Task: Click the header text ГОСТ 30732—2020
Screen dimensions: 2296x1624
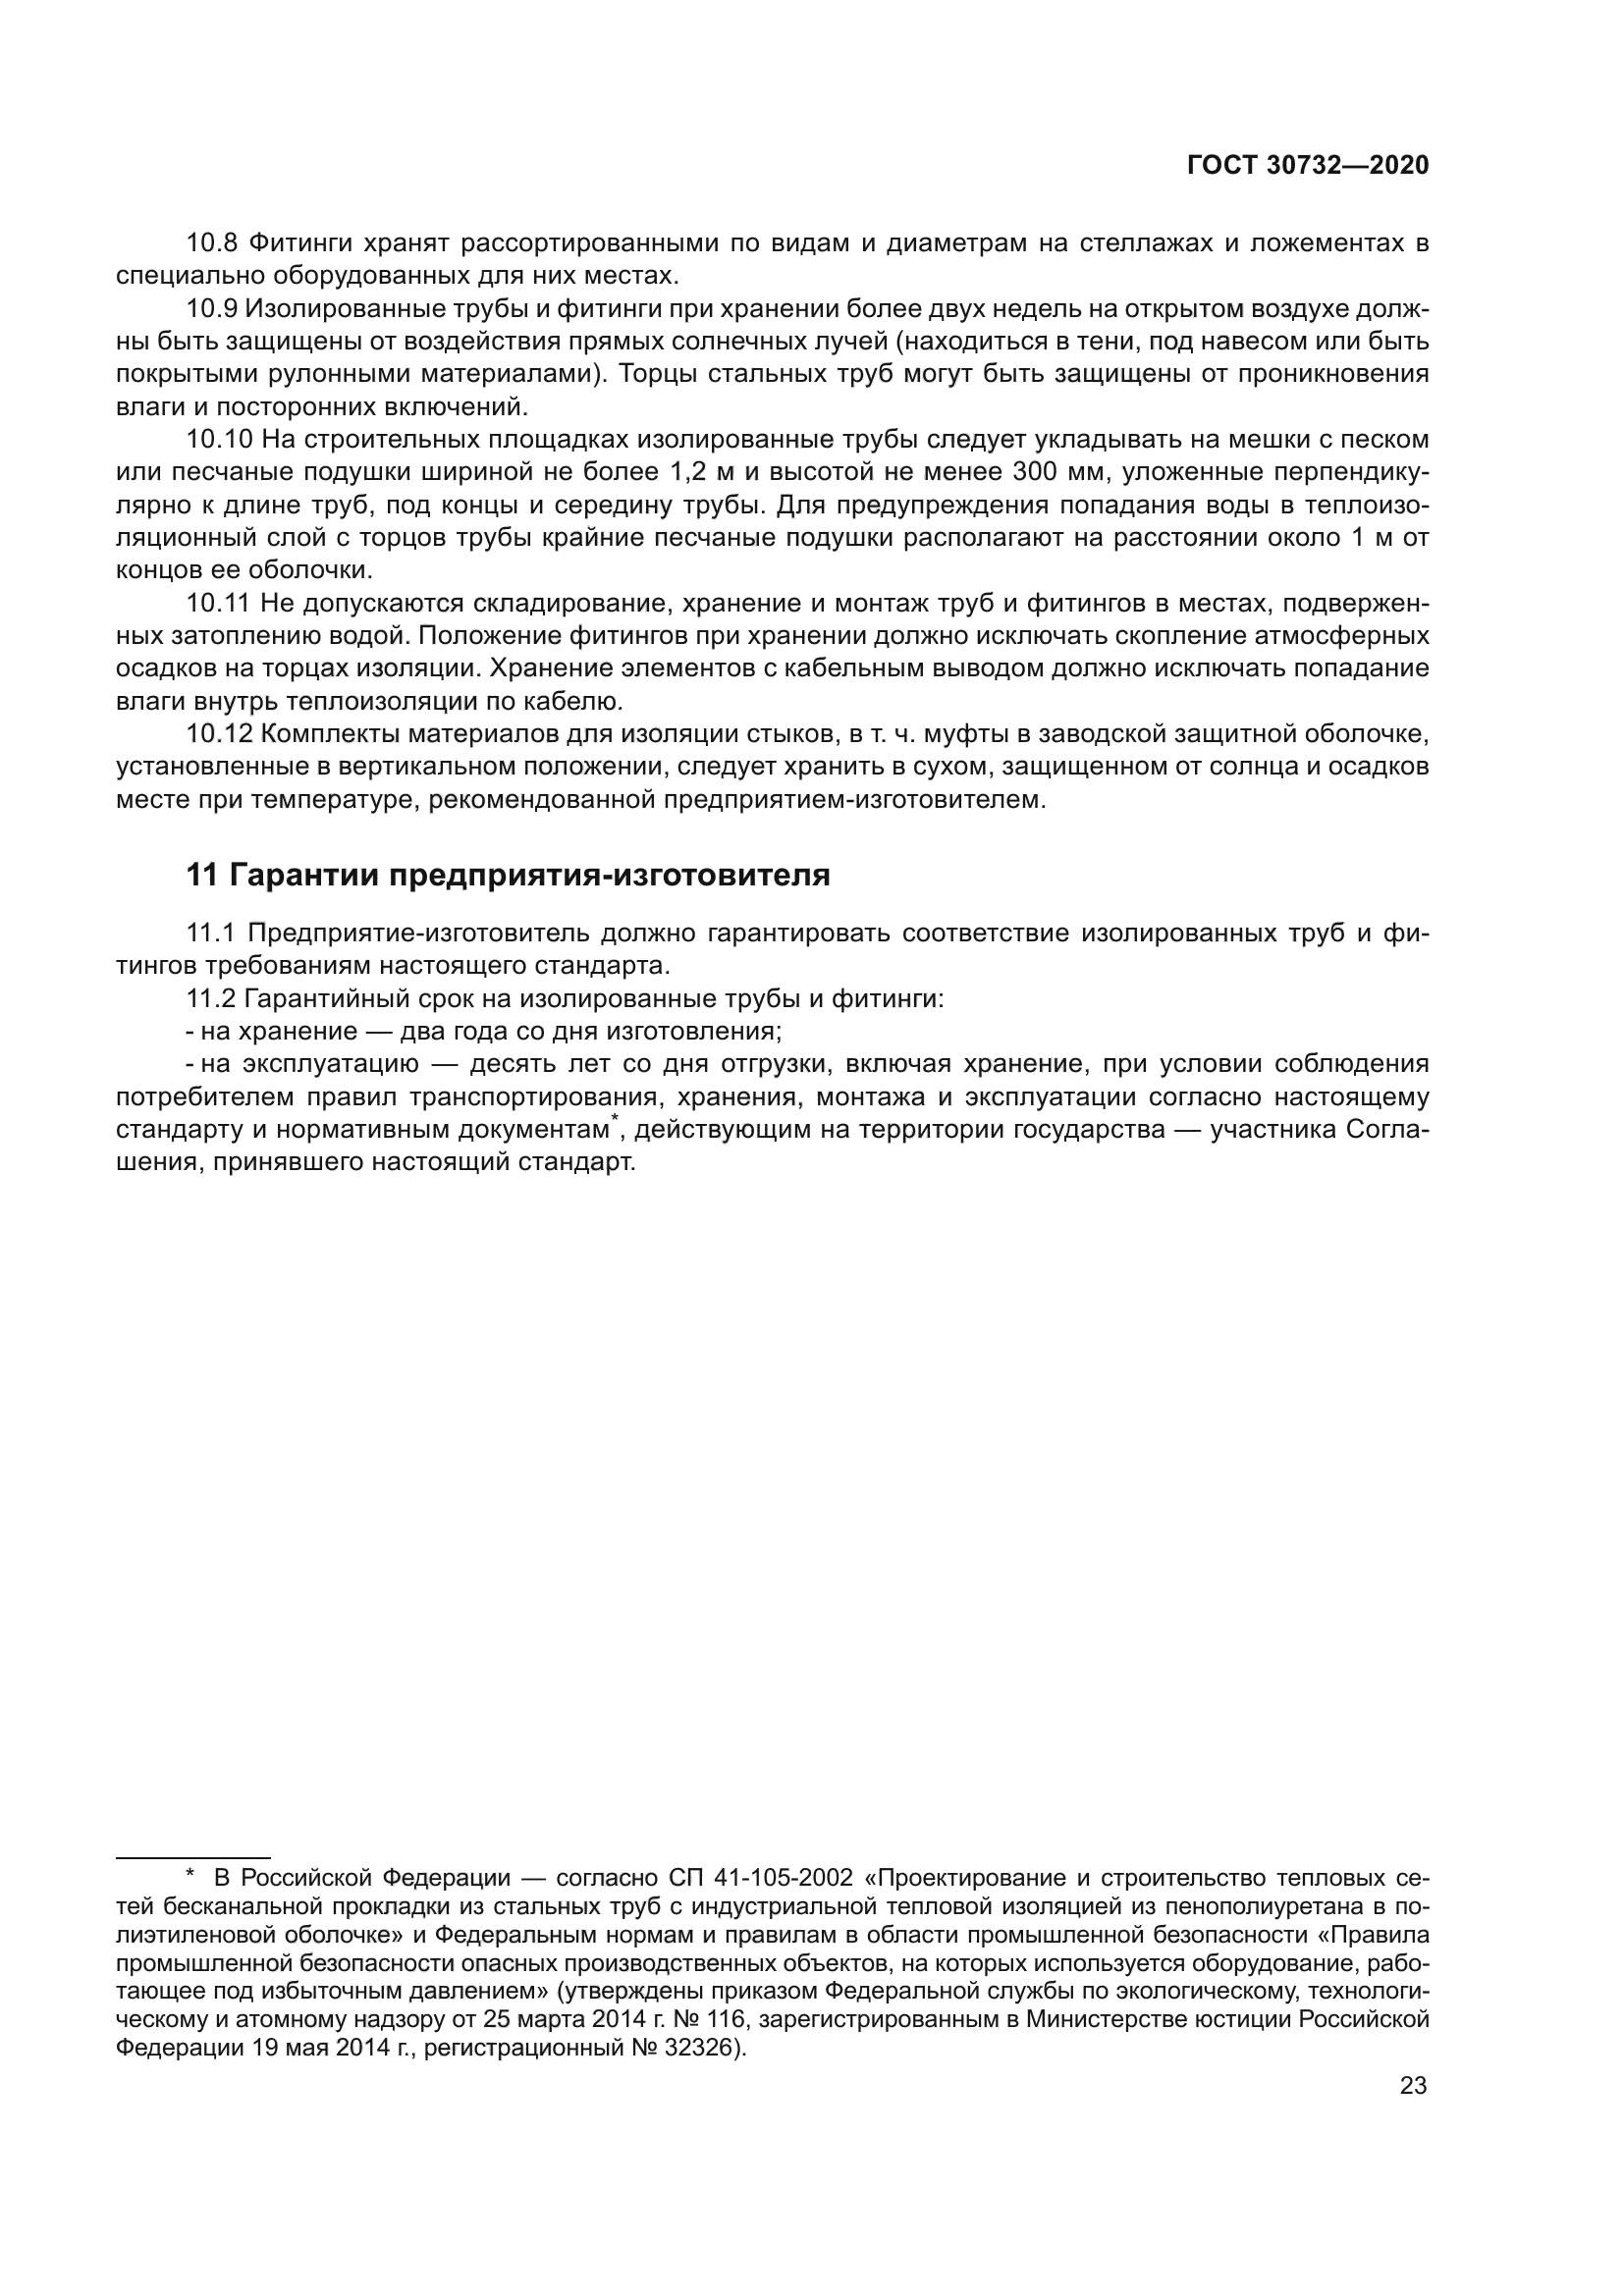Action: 1308,166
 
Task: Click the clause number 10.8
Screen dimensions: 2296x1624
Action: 211,243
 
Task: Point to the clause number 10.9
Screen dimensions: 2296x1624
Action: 211,309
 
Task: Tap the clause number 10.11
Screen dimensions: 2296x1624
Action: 218,603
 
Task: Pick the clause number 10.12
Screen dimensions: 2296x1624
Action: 218,734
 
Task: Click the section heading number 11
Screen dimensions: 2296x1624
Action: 201,876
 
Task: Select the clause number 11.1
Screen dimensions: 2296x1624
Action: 210,933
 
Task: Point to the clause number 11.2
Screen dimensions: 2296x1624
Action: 210,999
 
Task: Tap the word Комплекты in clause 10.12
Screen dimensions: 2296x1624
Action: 322,734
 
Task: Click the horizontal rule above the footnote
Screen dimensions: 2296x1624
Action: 193,1858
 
